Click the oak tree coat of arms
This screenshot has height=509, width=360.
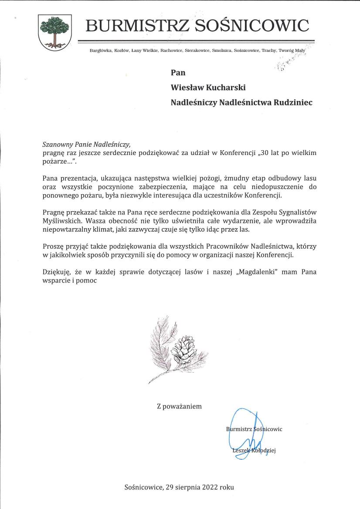[x=54, y=32]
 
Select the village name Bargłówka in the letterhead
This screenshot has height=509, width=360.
[x=101, y=51]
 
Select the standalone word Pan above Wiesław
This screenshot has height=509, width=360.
[x=178, y=73]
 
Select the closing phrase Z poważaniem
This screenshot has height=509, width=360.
[x=179, y=406]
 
